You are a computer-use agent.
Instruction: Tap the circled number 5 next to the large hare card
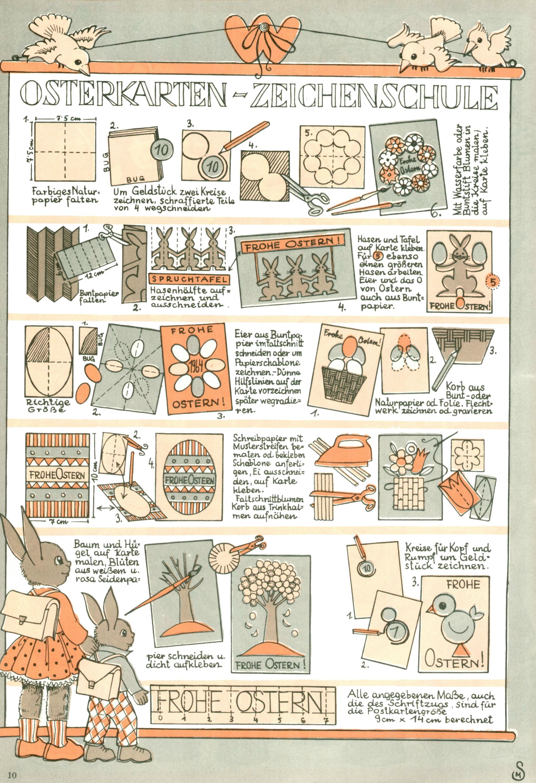click(x=493, y=283)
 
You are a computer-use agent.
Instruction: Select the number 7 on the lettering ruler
click(x=326, y=720)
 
